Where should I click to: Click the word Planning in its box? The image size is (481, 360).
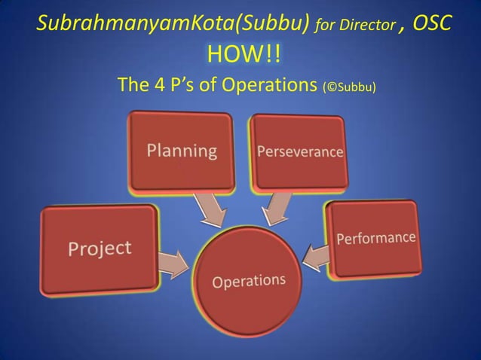point(182,150)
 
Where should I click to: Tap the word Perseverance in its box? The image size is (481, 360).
point(300,151)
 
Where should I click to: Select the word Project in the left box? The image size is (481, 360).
point(100,248)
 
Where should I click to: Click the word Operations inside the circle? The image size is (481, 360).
point(249,282)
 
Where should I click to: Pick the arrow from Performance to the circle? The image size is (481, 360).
point(316,256)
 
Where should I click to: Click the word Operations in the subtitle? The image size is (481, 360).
point(268,85)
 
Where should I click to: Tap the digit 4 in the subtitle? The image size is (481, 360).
point(159,85)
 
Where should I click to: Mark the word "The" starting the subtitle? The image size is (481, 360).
point(134,85)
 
